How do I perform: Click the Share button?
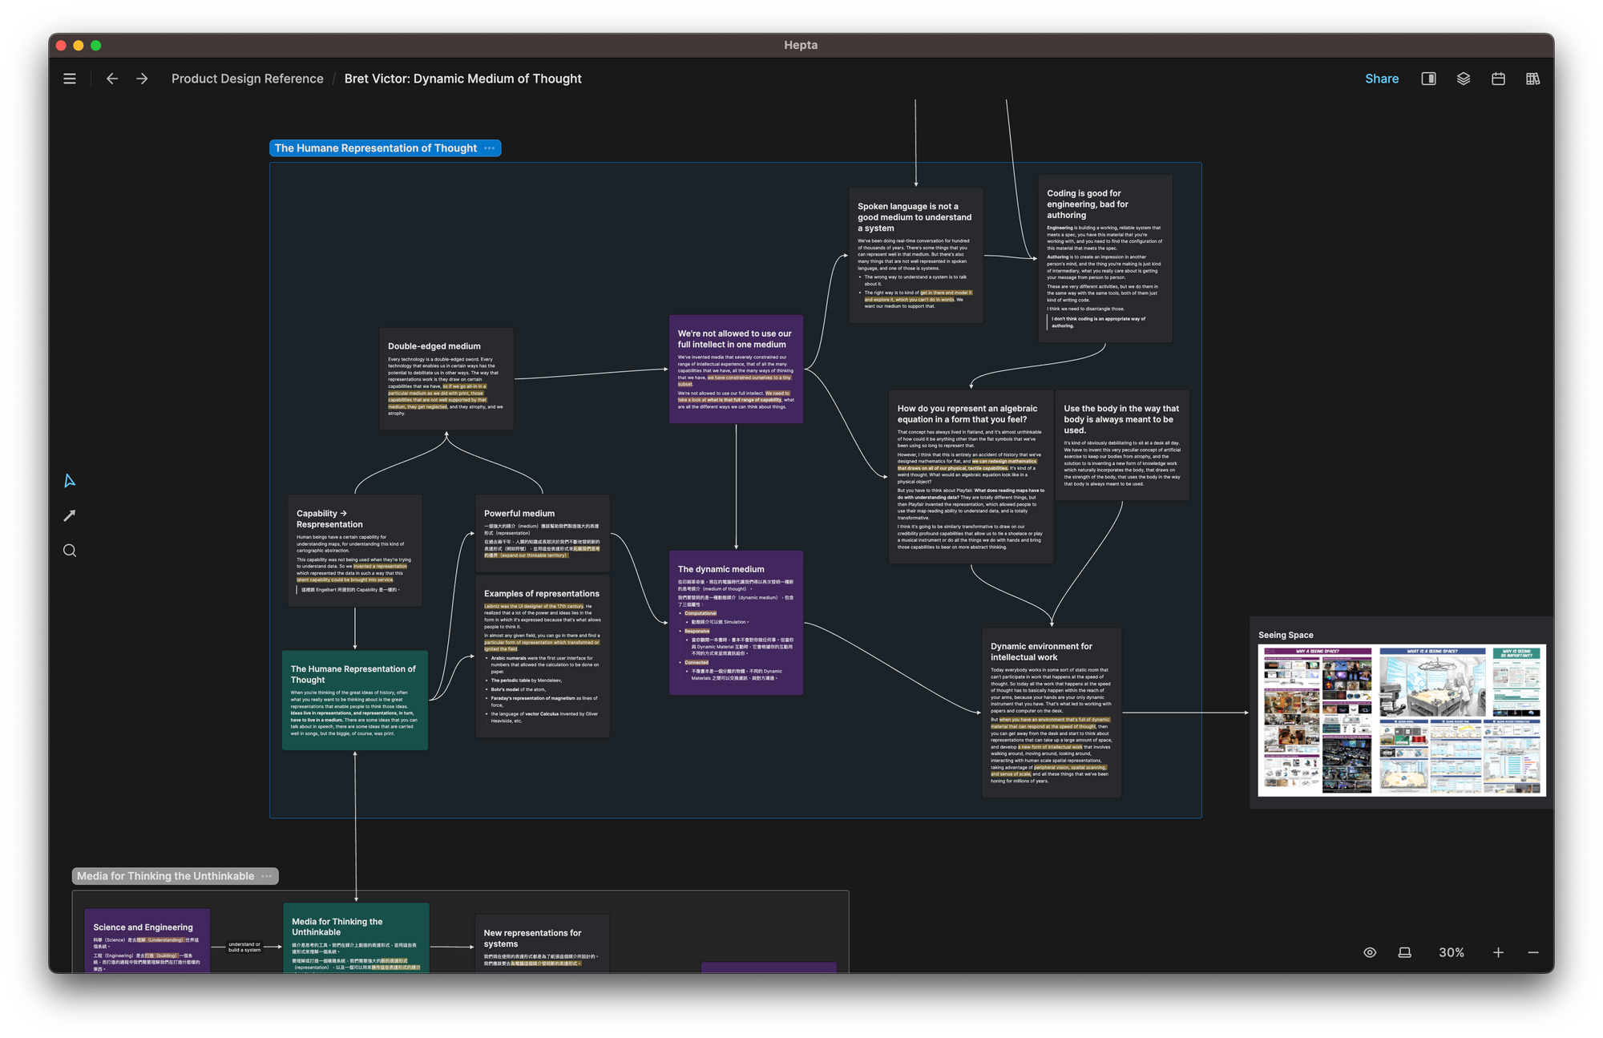click(1381, 79)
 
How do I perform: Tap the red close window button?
click(61, 46)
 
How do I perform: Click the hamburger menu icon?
click(70, 79)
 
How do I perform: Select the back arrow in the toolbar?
click(112, 79)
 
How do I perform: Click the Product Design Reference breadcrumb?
click(247, 79)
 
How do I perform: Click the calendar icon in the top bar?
click(1497, 79)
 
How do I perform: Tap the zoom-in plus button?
click(1497, 952)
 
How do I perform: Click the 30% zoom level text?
click(1451, 952)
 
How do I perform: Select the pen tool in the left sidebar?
click(70, 515)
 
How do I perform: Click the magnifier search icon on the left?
click(70, 551)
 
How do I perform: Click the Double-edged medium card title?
click(434, 346)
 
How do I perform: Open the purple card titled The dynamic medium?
click(721, 569)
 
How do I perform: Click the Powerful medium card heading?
click(519, 513)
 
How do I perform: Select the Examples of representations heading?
click(541, 594)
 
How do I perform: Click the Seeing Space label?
click(1285, 635)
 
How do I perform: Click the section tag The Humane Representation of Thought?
click(375, 148)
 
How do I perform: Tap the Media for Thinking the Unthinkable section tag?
click(165, 876)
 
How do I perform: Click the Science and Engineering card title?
click(143, 927)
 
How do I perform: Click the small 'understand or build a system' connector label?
click(244, 947)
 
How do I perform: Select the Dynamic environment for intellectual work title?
click(1040, 652)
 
